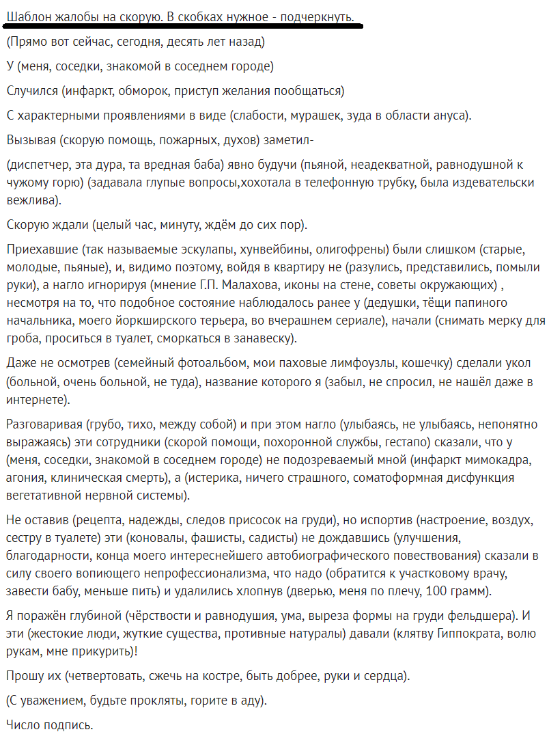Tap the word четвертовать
tap(102, 677)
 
